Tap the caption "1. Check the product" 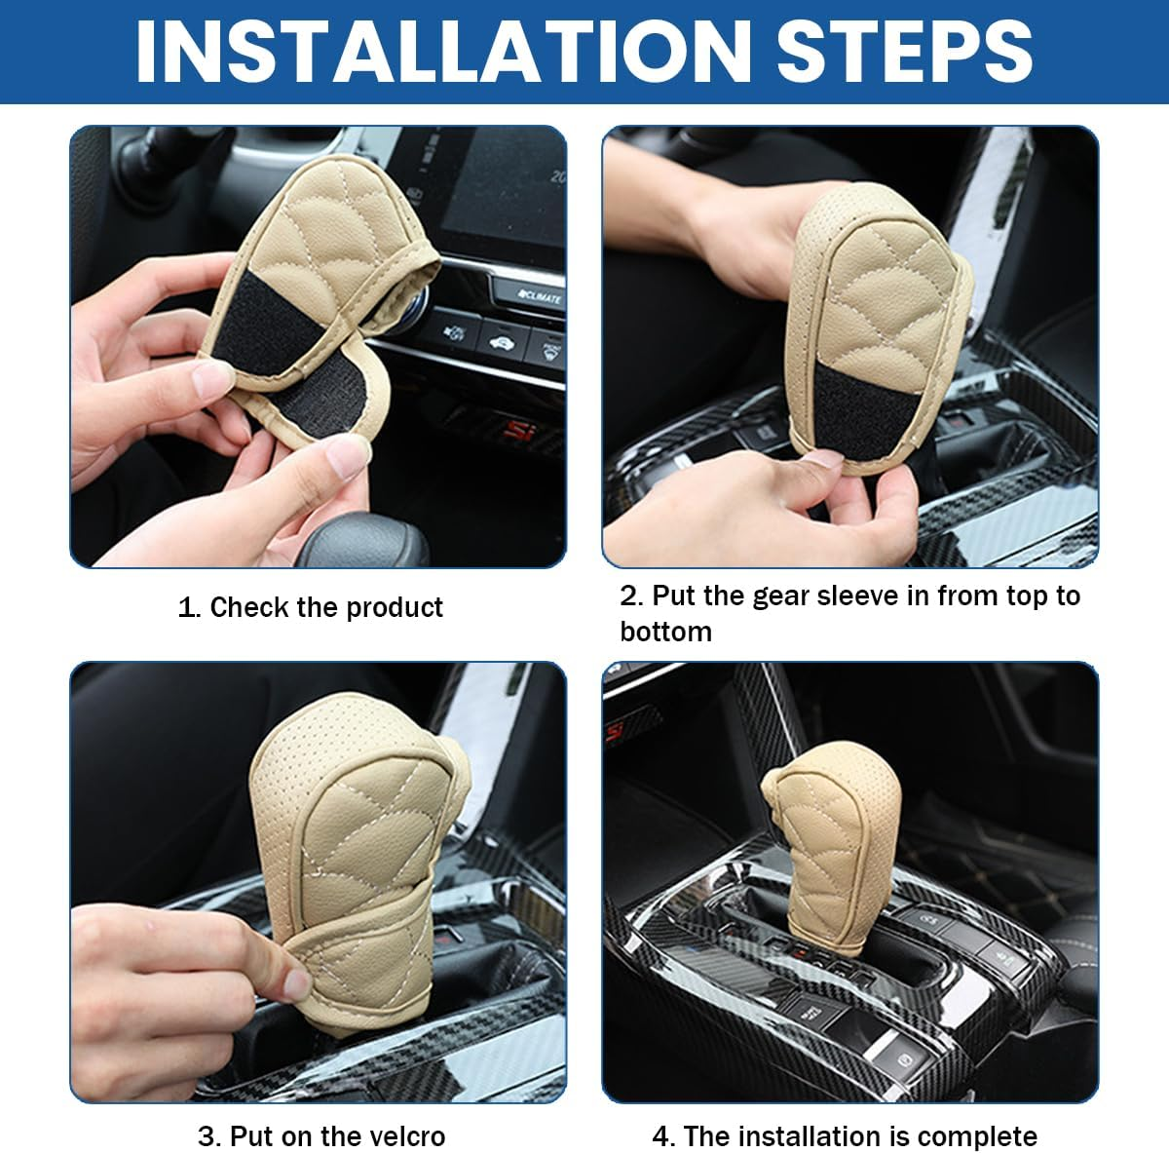click(x=310, y=607)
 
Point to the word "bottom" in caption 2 click(x=665, y=632)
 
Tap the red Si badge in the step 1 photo click(x=517, y=429)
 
